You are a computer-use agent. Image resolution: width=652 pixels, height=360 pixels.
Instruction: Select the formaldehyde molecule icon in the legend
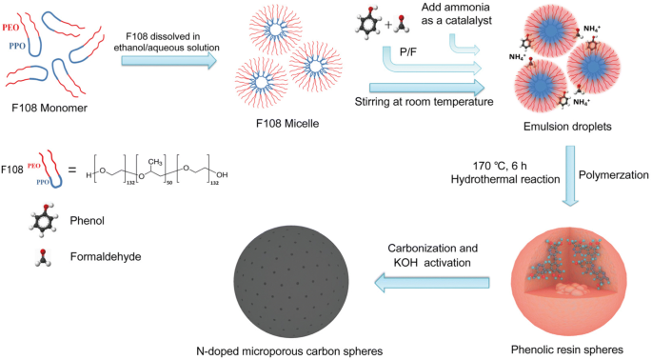coord(42,255)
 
